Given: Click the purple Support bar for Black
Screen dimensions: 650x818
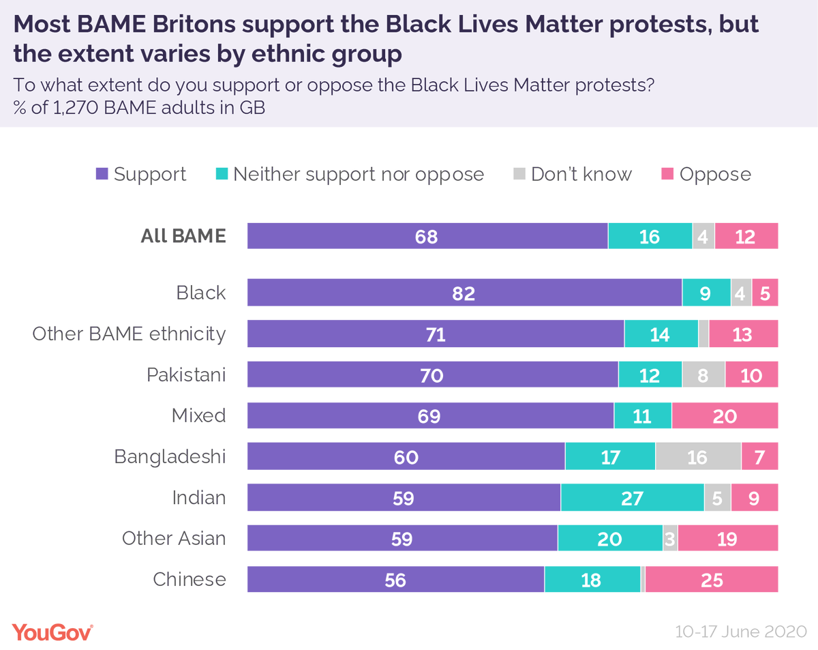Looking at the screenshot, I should pos(464,293).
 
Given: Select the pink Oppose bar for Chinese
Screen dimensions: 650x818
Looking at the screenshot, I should pos(711,580).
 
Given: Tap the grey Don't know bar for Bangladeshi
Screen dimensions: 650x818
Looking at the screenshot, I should pos(697,456).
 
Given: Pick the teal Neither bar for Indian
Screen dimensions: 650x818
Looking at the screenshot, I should pos(632,498).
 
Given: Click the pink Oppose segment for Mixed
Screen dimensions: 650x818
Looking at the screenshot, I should pos(724,415).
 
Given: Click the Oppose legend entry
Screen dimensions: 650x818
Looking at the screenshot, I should pos(706,174).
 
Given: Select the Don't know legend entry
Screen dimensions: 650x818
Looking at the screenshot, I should pos(572,174).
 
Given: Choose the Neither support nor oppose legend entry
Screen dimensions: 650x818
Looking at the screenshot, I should pos(349,174).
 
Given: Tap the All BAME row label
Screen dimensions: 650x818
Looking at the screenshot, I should pos(183,236).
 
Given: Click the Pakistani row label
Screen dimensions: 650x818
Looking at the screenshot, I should pos(186,374).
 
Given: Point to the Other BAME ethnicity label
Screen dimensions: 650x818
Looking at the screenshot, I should pos(130,334).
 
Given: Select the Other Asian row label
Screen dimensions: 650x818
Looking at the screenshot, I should pos(173,538).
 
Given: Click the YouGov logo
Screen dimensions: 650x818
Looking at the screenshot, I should pos(52,632).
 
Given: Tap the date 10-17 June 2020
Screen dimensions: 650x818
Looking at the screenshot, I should pos(741,632).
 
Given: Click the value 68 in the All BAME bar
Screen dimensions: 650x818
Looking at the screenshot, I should pos(426,236).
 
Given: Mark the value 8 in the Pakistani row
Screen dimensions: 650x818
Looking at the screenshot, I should pos(703,375).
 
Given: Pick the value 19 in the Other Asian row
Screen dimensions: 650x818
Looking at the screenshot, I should pos(727,539).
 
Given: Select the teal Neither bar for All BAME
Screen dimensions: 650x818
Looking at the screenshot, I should pos(650,236).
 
